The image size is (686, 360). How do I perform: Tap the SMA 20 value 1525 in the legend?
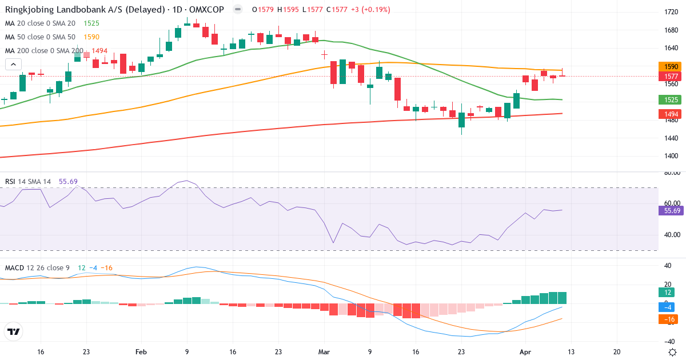coord(91,23)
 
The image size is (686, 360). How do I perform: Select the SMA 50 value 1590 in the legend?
coord(91,37)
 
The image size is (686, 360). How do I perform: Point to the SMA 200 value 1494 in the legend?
coord(100,50)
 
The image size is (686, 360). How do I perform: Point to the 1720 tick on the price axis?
coord(672,12)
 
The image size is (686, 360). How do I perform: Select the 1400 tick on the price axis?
coord(672,156)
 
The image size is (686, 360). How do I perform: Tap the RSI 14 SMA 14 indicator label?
coord(28,182)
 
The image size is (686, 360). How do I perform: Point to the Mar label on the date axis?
coord(325,352)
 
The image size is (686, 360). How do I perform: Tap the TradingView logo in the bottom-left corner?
coord(13,331)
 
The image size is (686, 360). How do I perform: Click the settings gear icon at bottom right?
coord(673,352)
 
